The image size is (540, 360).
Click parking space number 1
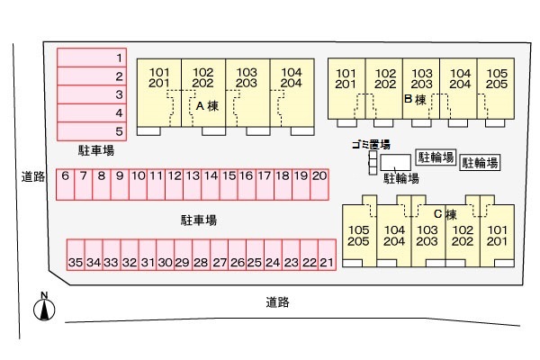pos(93,58)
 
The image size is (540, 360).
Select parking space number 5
pos(93,131)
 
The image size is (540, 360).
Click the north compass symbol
pos(42,309)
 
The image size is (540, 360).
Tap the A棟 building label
pos(207,105)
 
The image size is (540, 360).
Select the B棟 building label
pos(415,101)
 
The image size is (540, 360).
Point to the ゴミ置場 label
pos(371,145)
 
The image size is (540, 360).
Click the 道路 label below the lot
pos(277,302)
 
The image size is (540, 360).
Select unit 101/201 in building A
pos(158,78)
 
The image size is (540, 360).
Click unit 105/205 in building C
pos(358,236)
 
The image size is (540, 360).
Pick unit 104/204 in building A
pos(290,78)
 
